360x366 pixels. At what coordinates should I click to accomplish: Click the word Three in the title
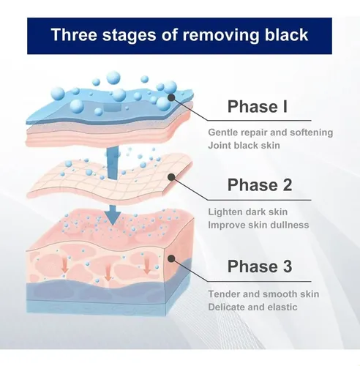(x=74, y=34)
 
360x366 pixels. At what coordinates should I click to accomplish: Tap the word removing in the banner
(x=222, y=35)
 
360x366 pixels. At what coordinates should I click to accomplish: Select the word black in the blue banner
(x=286, y=34)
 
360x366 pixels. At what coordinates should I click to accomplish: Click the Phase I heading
(x=258, y=106)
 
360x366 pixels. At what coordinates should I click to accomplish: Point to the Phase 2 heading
(x=260, y=184)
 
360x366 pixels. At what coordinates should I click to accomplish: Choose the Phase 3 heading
(x=260, y=266)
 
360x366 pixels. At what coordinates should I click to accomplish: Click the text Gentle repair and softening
(x=271, y=132)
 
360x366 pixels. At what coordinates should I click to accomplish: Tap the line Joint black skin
(x=244, y=146)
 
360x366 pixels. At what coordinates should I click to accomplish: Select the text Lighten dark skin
(x=248, y=212)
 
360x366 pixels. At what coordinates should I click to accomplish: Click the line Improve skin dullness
(x=258, y=225)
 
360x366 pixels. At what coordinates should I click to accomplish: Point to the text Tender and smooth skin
(x=263, y=294)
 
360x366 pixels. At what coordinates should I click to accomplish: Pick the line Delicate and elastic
(x=252, y=307)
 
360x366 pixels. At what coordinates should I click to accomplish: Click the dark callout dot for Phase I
(x=172, y=97)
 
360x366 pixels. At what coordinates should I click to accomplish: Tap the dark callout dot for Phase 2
(x=172, y=177)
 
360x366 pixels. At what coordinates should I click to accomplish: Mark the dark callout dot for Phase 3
(x=172, y=258)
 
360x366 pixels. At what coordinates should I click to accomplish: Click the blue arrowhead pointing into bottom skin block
(x=113, y=218)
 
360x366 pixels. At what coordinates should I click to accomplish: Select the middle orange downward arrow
(x=108, y=273)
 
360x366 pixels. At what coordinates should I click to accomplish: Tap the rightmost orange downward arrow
(x=147, y=266)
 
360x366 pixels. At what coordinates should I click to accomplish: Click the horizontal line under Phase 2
(x=260, y=200)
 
